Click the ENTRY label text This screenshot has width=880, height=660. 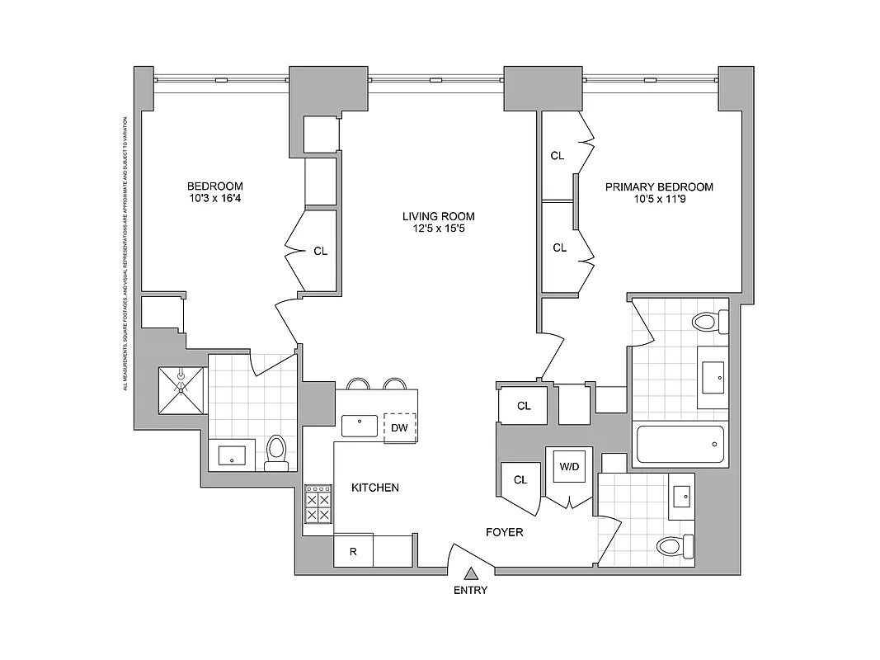coord(470,590)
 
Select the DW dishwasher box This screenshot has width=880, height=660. coord(400,427)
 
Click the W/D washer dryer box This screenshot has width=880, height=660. coord(569,467)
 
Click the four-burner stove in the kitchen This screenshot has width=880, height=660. coord(318,504)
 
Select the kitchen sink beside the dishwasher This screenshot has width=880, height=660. coord(360,426)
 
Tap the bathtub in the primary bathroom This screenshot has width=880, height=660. coord(680,445)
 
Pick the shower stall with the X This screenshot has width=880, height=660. coord(181,389)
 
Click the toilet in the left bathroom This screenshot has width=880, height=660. coord(276,455)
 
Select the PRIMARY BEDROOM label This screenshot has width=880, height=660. coord(659,187)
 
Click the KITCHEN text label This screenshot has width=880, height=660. coord(375,488)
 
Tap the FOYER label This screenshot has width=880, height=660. coord(504,532)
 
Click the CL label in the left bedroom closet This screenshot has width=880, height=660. coord(320,252)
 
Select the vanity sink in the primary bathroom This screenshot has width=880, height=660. coord(712,377)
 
